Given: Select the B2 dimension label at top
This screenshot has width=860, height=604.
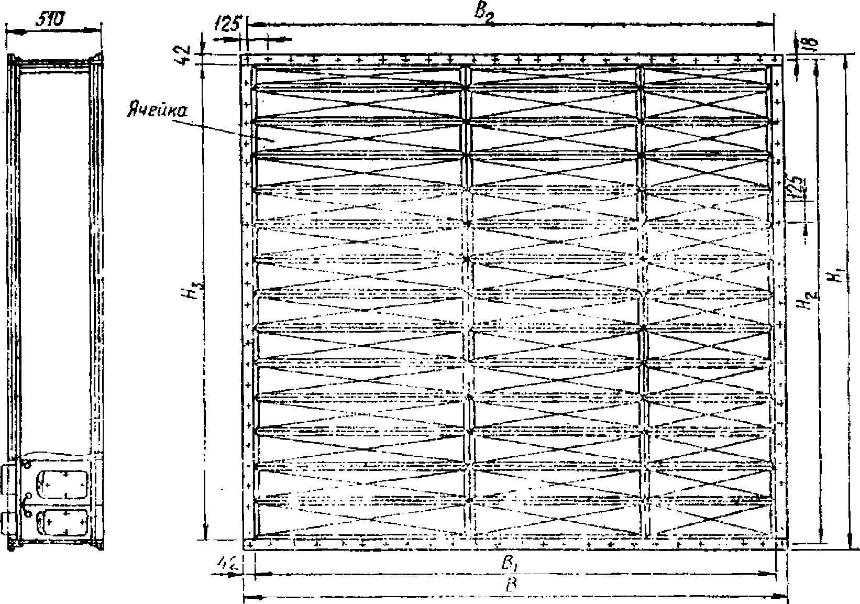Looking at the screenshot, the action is coord(484,14).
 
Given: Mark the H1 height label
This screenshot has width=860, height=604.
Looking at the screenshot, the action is coord(837,276).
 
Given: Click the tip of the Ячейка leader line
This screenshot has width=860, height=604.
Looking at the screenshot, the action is coord(273,140).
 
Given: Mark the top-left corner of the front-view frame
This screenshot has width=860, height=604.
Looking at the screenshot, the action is coord(241,55).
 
